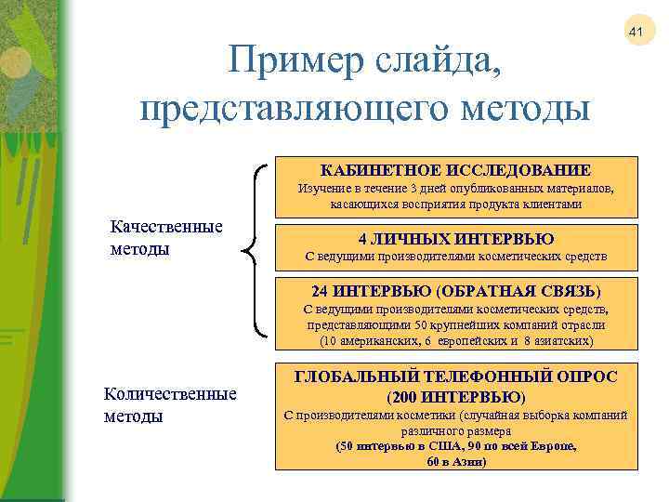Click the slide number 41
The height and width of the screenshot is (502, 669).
(636, 33)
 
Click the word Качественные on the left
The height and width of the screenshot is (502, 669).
(166, 228)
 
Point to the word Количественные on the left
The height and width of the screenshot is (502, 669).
(170, 395)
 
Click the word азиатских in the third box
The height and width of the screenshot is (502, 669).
(561, 340)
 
